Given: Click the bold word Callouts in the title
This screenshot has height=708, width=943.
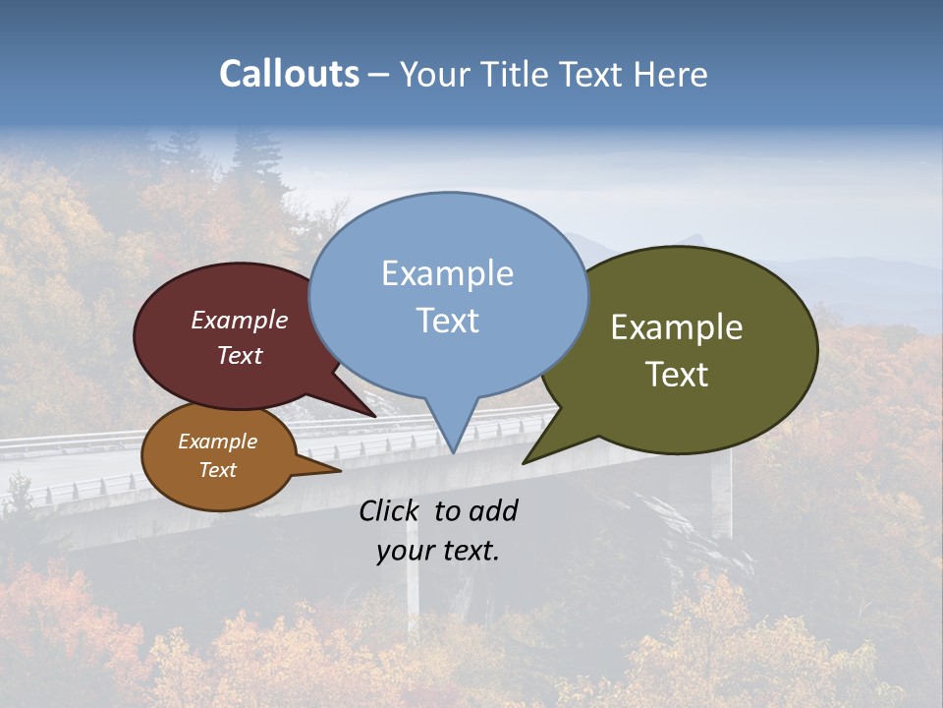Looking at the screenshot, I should point(289,74).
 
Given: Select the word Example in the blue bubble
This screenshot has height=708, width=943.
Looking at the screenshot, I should point(447,273).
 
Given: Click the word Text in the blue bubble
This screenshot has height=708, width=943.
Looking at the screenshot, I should point(447,321).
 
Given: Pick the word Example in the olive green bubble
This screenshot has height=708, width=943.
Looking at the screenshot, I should point(677,327).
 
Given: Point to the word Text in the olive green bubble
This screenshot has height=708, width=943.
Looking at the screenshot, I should point(677,375).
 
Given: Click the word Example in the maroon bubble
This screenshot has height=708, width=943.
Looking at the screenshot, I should point(240,320).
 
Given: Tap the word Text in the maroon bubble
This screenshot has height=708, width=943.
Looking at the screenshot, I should point(240,355).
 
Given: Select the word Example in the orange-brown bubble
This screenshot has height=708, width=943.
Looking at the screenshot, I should point(217,442).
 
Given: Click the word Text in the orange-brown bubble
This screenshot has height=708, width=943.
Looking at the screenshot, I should point(217,470).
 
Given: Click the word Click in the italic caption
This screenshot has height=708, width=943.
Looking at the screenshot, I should point(391,510).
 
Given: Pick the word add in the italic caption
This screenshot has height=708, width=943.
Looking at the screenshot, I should point(493,510).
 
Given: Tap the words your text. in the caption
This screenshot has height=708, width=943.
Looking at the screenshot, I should point(438,551).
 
